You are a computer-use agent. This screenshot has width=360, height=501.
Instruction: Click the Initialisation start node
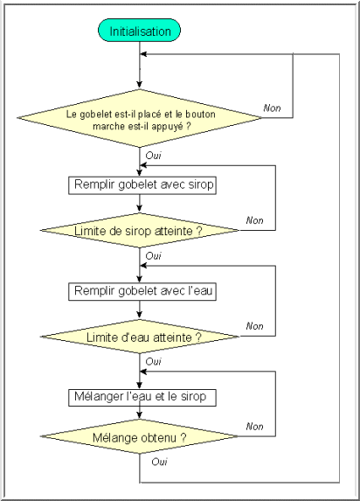point(139,31)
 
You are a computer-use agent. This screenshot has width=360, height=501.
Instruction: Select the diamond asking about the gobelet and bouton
point(139,118)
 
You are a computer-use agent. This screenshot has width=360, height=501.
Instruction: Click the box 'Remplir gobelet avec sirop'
point(142,185)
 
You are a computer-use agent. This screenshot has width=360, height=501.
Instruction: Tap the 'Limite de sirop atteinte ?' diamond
point(139,230)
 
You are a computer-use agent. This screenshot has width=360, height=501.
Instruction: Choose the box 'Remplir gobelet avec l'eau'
point(142,292)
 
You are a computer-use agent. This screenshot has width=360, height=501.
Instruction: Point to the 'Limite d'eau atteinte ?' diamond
point(139,337)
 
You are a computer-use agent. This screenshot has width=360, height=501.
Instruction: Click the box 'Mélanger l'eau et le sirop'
point(142,398)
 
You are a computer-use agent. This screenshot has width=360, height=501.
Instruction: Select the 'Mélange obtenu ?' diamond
point(139,436)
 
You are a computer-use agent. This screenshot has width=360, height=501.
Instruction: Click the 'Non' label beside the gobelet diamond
point(272,108)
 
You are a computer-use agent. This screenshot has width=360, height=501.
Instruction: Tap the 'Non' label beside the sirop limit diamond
point(254,220)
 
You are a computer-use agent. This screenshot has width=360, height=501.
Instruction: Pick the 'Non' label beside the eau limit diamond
point(254,326)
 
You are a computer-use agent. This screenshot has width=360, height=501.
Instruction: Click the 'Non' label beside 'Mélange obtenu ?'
point(254,427)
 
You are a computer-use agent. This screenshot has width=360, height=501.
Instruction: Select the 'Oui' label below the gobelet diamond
point(153,156)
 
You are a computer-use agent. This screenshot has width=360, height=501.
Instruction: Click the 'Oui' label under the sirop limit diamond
point(153,256)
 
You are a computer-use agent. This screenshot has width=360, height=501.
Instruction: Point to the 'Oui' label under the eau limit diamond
point(153,362)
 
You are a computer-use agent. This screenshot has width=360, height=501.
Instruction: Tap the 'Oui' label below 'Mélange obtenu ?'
point(159,462)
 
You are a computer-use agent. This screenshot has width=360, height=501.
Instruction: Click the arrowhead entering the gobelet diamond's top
point(139,85)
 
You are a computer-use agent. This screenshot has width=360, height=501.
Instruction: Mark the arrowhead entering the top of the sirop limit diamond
point(139,209)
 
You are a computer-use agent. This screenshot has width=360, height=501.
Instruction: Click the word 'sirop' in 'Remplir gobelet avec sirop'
point(201,185)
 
